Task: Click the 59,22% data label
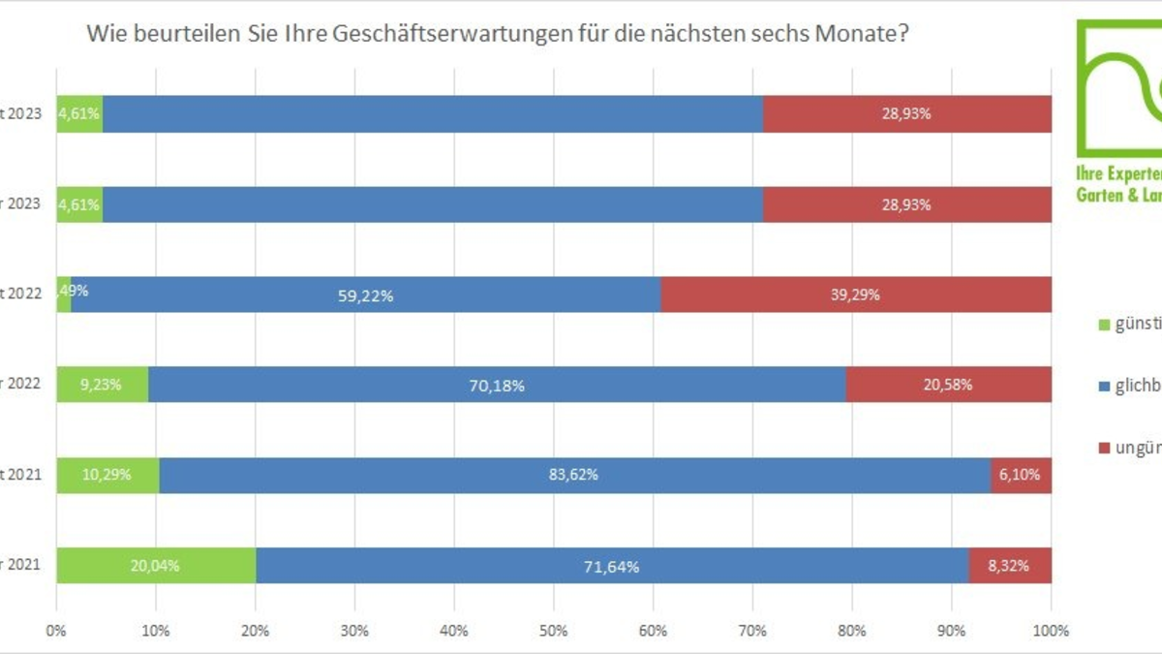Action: pos(364,296)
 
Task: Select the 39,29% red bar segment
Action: pos(856,295)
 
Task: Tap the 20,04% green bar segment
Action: pos(156,566)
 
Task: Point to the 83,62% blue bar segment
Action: pos(574,475)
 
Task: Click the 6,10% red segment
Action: pos(1022,475)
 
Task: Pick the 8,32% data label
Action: pos(1008,566)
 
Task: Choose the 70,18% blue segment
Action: pos(499,385)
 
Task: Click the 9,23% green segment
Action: pos(102,385)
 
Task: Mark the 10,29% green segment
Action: pos(107,475)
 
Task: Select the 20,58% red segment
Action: pos(949,385)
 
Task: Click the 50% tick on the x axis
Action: pos(554,631)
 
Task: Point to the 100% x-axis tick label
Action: pos(1052,631)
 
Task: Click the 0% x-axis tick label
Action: pos(56,631)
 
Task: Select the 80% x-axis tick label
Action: pos(852,631)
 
